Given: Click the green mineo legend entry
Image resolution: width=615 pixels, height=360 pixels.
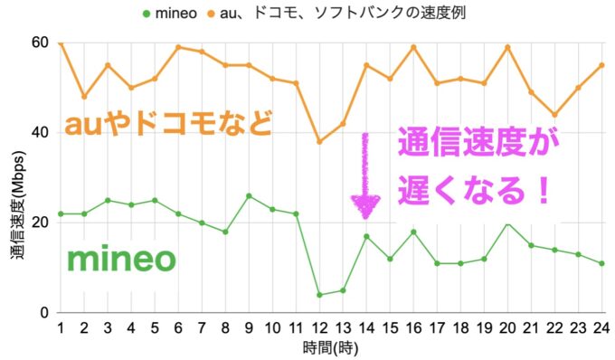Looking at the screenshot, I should pos(176,14).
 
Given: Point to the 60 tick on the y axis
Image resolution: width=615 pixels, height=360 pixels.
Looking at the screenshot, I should pos(39,43).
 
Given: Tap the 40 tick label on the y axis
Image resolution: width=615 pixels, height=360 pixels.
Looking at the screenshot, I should pos(39,132).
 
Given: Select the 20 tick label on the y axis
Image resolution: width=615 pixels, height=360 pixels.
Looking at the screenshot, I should pos(39,223).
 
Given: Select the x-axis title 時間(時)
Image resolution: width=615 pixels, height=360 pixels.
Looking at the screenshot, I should pos(331,348).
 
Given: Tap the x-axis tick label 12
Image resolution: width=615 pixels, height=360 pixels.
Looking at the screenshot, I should pos(319,327).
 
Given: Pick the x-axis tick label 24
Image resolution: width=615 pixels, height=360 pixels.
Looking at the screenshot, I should pos(601,327).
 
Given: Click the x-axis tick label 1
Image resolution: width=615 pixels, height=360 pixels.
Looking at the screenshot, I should pos(61,327).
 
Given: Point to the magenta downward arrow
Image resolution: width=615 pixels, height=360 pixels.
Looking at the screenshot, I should pos(365,177).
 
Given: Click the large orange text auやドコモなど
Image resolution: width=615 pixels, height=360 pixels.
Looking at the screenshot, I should pos(167,123).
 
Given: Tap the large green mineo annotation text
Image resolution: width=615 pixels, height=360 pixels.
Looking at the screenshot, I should pos(133,261).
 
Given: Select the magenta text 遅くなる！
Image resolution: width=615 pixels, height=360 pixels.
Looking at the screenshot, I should pos(475,192).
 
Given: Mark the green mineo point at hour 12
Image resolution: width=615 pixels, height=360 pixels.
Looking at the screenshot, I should pos(319,295).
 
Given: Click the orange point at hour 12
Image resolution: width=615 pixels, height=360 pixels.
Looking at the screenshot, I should pos(319,142).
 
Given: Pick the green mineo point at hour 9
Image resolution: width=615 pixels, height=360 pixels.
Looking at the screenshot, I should pos(249,195).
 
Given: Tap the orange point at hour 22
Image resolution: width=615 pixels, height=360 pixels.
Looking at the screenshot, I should pos(554,115).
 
